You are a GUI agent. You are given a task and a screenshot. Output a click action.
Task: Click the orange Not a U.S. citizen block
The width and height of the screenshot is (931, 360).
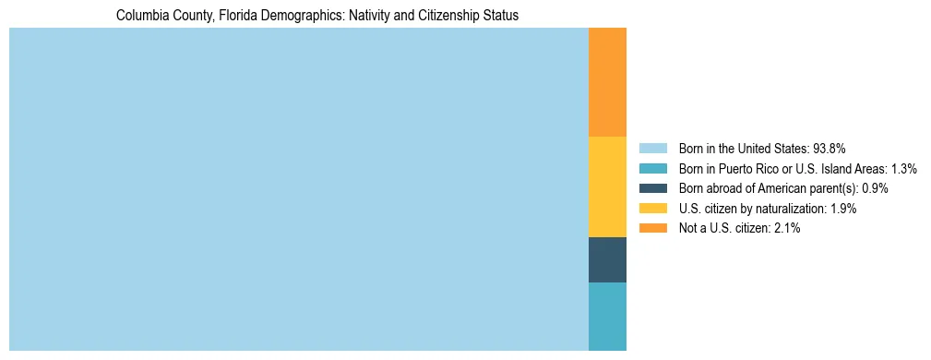(607, 82)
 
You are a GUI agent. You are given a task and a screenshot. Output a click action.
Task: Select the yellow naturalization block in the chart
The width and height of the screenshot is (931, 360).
(607, 186)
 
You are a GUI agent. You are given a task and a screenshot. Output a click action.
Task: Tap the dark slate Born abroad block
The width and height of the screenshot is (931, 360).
(607, 259)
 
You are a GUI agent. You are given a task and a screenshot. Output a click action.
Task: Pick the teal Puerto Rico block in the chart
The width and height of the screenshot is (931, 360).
(607, 316)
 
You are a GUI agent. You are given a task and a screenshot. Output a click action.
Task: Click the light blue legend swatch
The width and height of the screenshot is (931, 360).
(652, 149)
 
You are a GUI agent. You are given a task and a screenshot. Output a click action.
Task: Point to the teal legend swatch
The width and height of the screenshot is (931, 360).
(652, 169)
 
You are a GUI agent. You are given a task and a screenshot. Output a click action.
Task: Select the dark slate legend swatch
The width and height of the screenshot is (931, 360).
(652, 188)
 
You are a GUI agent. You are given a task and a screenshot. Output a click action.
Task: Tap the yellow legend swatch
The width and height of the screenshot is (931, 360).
(652, 209)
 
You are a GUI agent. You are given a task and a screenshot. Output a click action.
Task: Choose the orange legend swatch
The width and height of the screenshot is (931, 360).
(652, 228)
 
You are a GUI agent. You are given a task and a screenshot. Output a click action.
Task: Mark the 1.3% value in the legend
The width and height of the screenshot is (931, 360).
(903, 169)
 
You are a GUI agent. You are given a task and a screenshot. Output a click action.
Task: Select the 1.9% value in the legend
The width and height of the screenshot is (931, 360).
(842, 209)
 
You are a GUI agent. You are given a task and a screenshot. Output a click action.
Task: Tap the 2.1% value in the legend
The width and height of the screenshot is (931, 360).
(786, 228)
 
